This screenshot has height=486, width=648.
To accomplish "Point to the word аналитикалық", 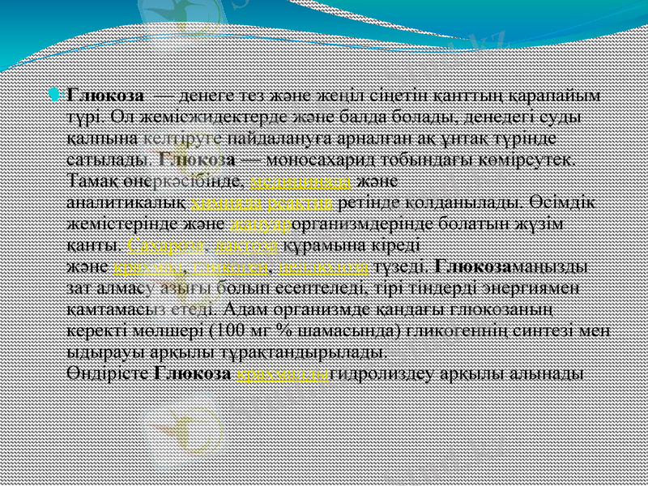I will pyautogui.click(x=127, y=201).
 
